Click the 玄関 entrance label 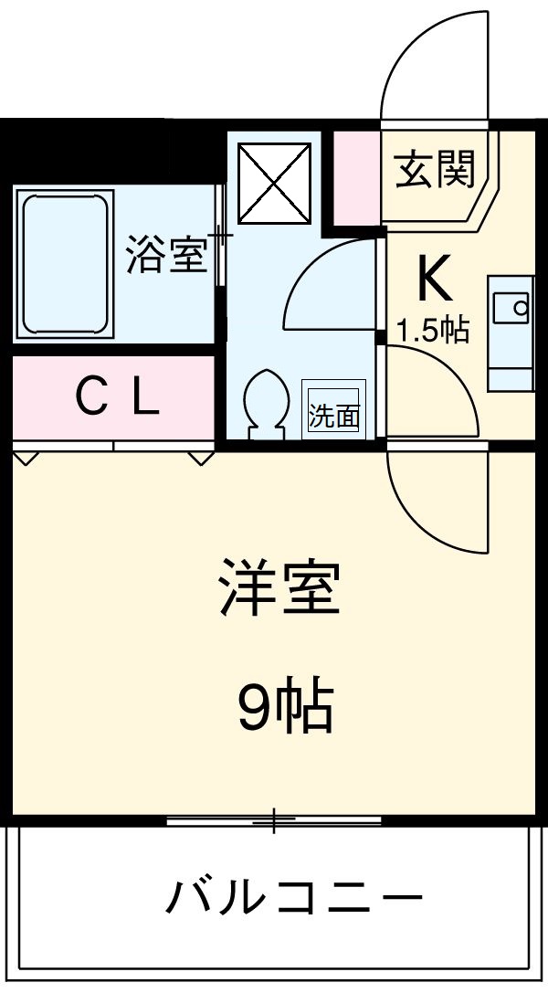point(435,169)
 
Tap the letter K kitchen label point(434,280)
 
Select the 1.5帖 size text point(433,330)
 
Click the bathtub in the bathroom point(65,264)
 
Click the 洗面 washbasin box point(334,416)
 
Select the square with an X point(275,182)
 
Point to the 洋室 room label point(278,589)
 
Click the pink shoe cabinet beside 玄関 point(355,178)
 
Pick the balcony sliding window point(274,821)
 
